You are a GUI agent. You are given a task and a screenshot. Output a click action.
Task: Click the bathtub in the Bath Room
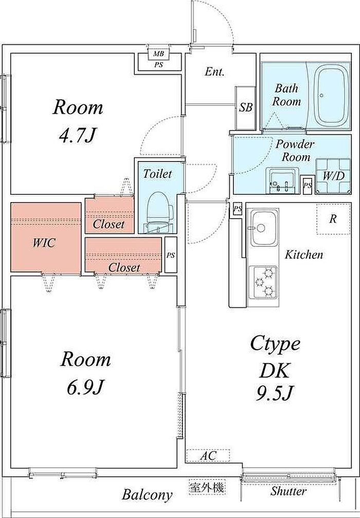tap(331, 95)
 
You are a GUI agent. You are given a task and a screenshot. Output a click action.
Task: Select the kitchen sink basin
tap(263, 228)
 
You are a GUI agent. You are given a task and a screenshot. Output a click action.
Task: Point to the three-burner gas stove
tap(263, 282)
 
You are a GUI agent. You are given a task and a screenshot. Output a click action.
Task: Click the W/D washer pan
tap(333, 176)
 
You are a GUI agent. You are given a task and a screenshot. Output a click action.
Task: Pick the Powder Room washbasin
tap(282, 181)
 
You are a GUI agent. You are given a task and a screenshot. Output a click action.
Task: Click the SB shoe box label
tap(246, 108)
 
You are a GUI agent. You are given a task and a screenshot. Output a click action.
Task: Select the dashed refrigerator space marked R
tap(333, 219)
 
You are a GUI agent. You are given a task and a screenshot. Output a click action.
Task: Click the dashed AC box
tap(208, 456)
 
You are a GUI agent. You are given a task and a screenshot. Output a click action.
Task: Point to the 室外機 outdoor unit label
tap(207, 487)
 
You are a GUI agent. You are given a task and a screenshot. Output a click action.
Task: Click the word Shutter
tap(289, 491)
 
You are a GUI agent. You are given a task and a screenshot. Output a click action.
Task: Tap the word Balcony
tap(147, 495)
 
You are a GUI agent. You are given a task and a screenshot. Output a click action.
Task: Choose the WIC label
tap(44, 243)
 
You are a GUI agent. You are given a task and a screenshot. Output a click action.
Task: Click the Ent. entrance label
tap(214, 72)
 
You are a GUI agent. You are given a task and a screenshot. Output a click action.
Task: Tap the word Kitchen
tap(304, 255)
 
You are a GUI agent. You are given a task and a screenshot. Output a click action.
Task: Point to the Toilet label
tap(157, 174)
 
